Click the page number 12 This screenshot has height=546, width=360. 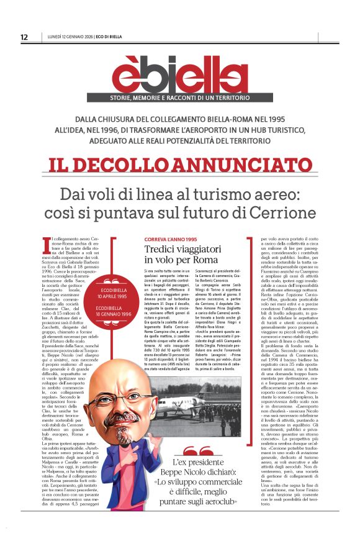tap(24, 37)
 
